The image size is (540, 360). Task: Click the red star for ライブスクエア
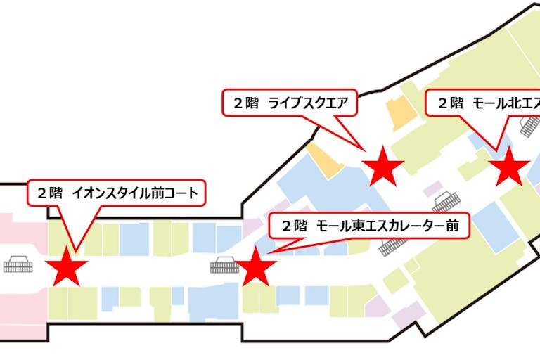click(x=382, y=167)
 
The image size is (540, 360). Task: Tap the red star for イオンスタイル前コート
click(x=67, y=266)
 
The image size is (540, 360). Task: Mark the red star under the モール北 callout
click(x=508, y=168)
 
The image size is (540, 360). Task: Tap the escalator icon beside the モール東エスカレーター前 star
click(x=224, y=265)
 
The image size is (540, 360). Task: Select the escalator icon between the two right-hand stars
click(x=446, y=202)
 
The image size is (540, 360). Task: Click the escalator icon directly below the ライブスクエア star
click(x=394, y=245)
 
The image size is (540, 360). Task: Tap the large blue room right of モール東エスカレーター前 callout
click(x=496, y=225)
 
